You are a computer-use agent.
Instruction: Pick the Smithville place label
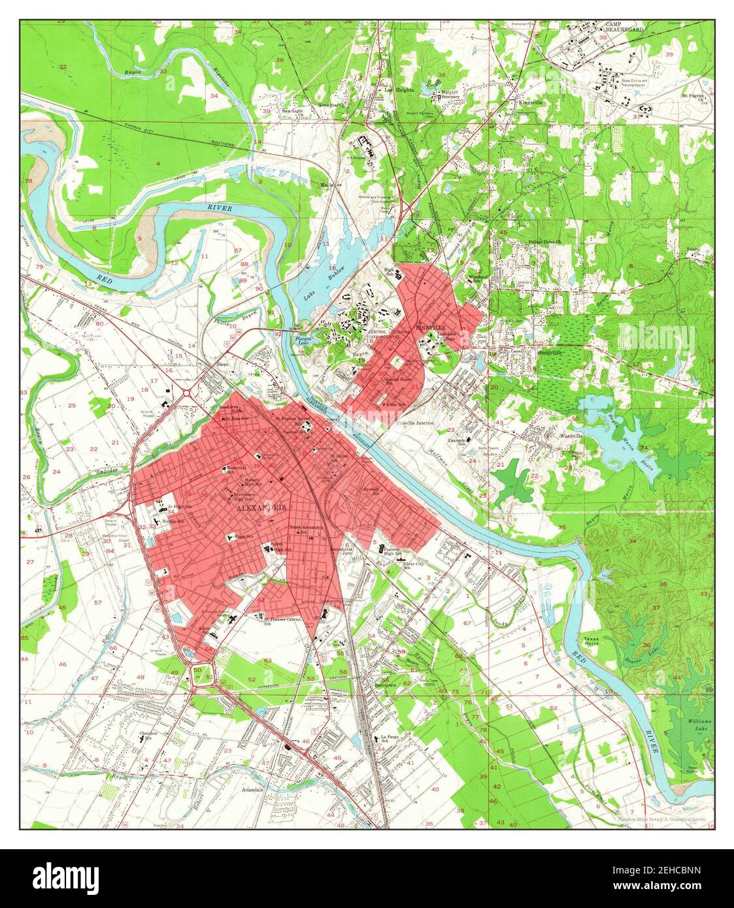550,352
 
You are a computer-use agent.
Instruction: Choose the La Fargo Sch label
390,739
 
